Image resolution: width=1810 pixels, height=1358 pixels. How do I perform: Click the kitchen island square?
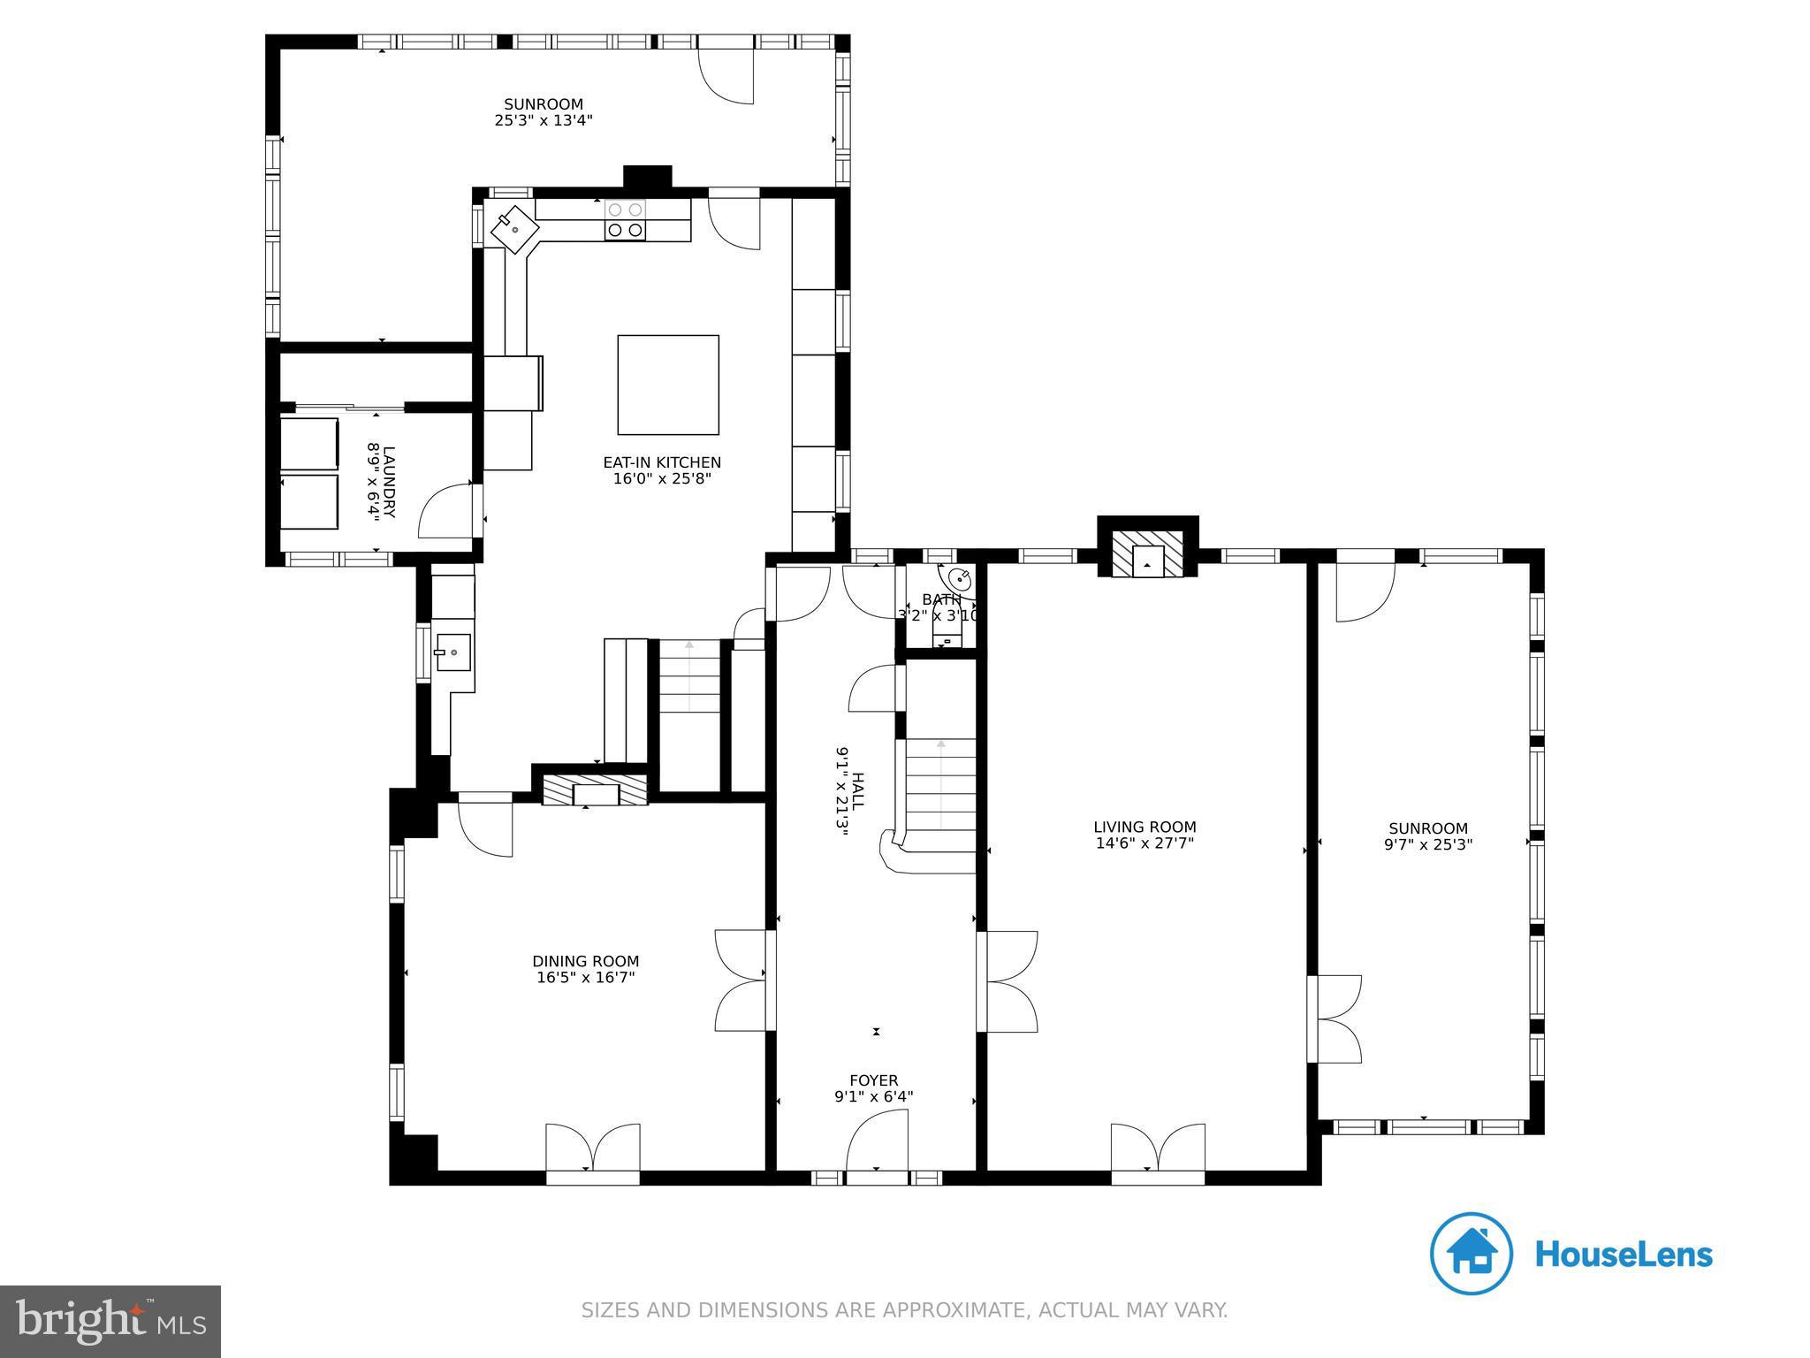tap(668, 385)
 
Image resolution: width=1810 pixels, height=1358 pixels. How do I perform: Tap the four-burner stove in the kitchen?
tap(625, 220)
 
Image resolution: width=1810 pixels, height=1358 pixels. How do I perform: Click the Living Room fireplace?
tap(1148, 554)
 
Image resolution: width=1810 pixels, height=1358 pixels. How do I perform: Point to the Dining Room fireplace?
tap(595, 790)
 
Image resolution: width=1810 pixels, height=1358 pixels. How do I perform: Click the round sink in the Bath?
tap(960, 580)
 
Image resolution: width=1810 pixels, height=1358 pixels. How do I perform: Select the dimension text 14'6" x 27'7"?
tap(1145, 843)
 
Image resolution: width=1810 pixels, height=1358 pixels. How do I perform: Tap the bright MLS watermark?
tap(110, 1321)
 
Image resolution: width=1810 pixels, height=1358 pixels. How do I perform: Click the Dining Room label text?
tap(585, 961)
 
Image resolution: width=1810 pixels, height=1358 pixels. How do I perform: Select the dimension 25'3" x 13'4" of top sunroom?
tap(544, 120)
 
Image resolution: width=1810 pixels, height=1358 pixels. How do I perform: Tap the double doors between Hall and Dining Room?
tap(741, 980)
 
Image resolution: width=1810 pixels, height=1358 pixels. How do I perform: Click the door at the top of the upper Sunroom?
tap(726, 75)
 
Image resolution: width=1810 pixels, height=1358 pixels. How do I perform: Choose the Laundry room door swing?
tap(449, 510)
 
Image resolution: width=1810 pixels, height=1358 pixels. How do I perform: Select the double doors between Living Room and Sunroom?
tap(1336, 1018)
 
